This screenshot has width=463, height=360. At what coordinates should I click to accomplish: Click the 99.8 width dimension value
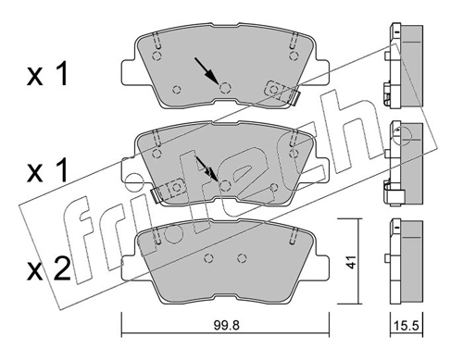[x=226, y=326]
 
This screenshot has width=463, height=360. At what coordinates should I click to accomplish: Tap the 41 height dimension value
[x=351, y=261]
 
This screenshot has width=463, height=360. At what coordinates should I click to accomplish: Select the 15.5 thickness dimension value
[x=407, y=326]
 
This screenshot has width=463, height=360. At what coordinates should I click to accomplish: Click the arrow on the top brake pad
[x=206, y=70]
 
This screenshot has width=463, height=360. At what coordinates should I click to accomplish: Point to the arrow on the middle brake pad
[x=206, y=169]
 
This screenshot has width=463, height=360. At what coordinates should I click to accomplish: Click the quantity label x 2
[x=48, y=270]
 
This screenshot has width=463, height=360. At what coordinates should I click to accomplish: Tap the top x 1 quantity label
[x=47, y=75]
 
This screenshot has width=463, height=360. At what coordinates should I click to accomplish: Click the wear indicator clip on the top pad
[x=282, y=93]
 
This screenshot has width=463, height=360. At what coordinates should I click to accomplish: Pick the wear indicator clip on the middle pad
[x=168, y=190]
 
